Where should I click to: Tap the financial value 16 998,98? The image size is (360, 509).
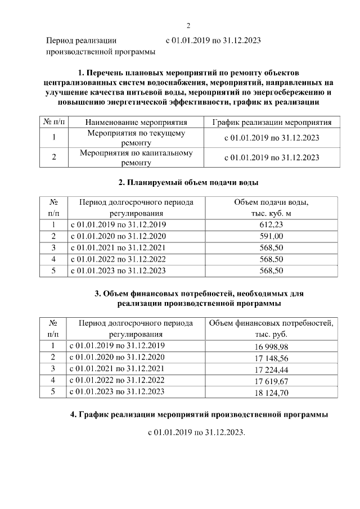click(272, 346)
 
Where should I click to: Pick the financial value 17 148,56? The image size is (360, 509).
click(272, 358)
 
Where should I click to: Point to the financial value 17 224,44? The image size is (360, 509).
click(272, 369)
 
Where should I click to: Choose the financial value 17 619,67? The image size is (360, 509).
click(272, 381)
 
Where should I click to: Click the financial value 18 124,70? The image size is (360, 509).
click(272, 392)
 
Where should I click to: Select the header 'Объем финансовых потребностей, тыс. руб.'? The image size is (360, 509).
click(272, 328)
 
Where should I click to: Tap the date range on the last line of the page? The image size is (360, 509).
click(197, 434)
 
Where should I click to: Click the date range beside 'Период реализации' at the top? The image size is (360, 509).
click(213, 40)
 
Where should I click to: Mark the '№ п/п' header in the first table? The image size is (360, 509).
click(53, 122)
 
